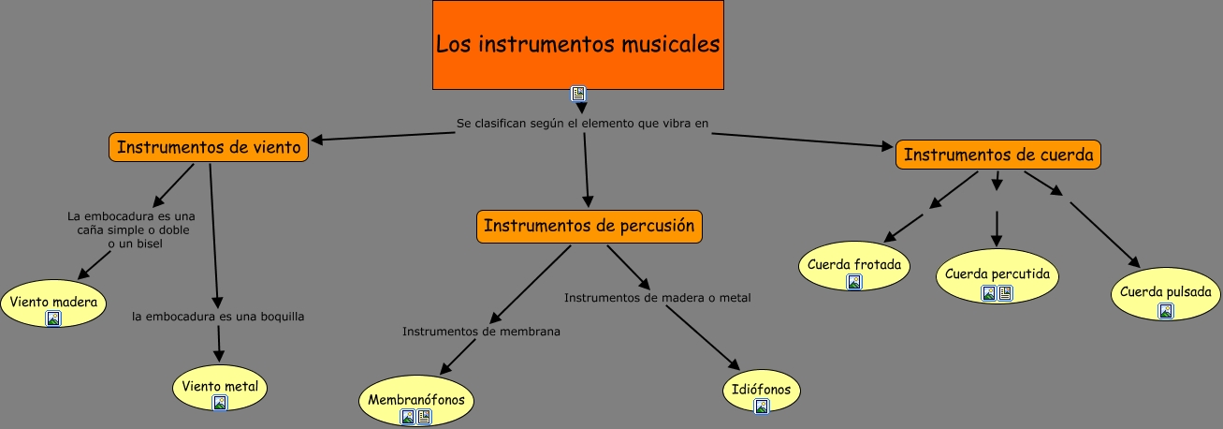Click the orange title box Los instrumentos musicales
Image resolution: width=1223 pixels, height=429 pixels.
click(577, 44)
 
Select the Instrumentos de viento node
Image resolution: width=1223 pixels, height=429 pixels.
click(209, 147)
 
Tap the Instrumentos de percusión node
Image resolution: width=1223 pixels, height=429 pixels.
click(589, 226)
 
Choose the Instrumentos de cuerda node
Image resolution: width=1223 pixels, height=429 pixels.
click(997, 155)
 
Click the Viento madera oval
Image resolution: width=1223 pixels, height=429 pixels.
click(53, 303)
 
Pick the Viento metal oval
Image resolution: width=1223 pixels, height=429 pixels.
click(220, 387)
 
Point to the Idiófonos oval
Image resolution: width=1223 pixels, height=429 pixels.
click(761, 390)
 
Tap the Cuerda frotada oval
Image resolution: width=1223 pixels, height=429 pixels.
click(853, 265)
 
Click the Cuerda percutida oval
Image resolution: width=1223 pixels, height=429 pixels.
click(997, 275)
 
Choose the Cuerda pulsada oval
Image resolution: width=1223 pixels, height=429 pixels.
click(1165, 293)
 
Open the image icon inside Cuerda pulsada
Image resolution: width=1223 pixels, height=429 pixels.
click(1165, 311)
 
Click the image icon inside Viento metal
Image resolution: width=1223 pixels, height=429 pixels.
click(220, 403)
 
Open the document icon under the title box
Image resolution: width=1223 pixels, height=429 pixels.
click(578, 94)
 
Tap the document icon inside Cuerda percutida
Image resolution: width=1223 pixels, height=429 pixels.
click(1005, 293)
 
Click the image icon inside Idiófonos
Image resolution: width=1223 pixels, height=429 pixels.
click(761, 406)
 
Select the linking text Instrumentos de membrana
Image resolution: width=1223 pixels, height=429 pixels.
click(481, 331)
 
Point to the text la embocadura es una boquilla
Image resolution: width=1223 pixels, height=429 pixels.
click(218, 317)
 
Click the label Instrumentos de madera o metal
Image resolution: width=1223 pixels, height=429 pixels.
click(657, 298)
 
